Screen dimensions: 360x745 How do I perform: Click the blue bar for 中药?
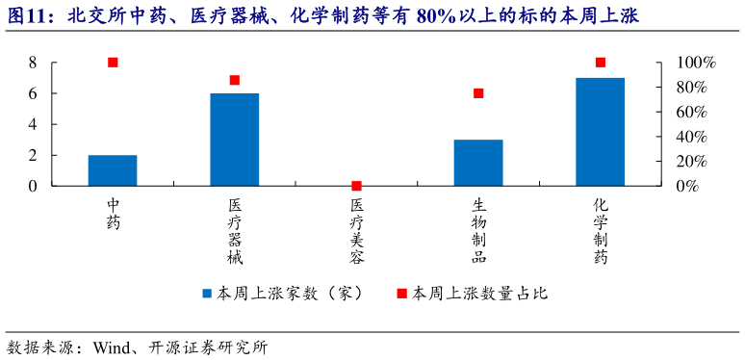coord(113,170)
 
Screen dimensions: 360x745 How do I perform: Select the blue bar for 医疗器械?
coord(235,140)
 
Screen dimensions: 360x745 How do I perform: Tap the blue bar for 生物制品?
coord(478,163)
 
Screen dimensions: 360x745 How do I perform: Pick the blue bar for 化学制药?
coord(601,132)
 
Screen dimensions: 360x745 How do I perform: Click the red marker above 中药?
coord(113,63)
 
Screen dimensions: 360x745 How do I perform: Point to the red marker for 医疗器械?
coord(235,80)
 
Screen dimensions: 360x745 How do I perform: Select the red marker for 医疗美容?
coord(357,186)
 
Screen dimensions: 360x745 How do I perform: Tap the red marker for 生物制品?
coord(478,93)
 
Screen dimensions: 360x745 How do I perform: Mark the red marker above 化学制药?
coord(601,63)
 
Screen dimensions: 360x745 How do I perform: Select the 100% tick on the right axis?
coord(695,63)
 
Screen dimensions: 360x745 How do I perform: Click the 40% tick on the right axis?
coord(695,137)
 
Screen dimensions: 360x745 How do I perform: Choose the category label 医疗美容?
coord(357,231)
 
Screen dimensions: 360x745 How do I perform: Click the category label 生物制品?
coord(478,231)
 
